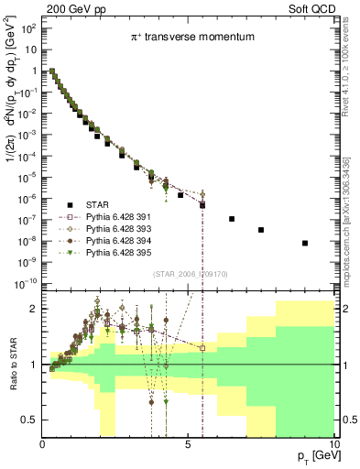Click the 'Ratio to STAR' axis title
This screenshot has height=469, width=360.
click(x=13, y=365)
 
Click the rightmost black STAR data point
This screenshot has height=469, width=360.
click(x=305, y=243)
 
